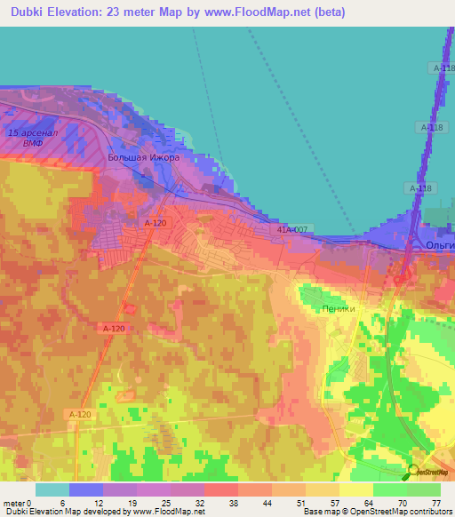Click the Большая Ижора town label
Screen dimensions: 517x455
(x=143, y=157)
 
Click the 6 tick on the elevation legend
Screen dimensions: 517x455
(x=62, y=502)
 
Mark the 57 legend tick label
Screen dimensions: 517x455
(x=332, y=502)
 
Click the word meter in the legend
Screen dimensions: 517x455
(x=13, y=502)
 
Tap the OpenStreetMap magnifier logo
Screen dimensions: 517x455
(x=412, y=472)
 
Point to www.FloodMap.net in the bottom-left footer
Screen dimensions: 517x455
(x=169, y=512)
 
